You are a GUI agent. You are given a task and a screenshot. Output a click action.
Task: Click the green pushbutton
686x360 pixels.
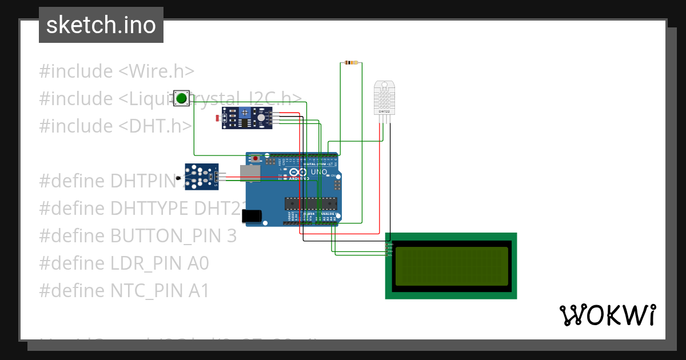(182, 98)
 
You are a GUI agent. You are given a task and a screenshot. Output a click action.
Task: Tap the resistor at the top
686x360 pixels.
(351, 63)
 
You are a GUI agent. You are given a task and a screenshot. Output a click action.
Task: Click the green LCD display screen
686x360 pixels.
(451, 266)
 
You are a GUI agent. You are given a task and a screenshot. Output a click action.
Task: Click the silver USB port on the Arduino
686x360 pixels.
(250, 173)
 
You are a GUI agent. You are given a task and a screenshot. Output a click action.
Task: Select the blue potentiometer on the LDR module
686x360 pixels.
(246, 113)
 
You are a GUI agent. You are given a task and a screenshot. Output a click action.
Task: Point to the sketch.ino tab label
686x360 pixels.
(101, 25)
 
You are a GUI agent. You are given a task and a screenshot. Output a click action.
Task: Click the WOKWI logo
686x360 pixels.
(607, 315)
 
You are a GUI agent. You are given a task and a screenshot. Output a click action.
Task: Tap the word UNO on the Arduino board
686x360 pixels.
(318, 172)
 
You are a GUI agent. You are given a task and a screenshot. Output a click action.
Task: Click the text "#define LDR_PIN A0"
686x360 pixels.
(124, 263)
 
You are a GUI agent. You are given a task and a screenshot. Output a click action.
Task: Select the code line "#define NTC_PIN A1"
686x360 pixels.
(124, 291)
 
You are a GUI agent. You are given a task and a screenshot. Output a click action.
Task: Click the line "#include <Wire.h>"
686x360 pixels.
(117, 71)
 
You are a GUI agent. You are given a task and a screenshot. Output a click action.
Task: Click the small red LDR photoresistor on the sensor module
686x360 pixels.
(217, 118)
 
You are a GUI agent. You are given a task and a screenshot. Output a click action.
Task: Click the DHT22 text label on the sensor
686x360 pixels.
(384, 111)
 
